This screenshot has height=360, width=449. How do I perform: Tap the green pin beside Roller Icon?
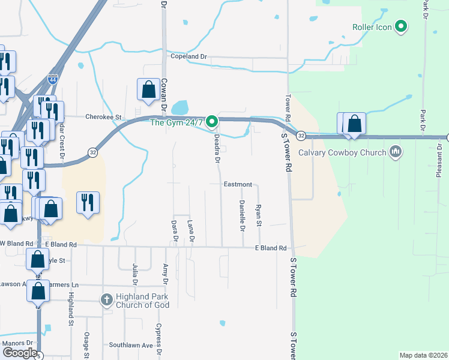pyautogui.click(x=401, y=27)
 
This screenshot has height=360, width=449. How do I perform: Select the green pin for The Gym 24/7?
pyautogui.click(x=211, y=122)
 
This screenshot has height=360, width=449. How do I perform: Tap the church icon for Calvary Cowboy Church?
pyautogui.click(x=395, y=152)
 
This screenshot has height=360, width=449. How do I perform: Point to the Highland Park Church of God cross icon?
pyautogui.click(x=106, y=300)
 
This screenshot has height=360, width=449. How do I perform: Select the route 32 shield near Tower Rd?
pyautogui.click(x=301, y=137)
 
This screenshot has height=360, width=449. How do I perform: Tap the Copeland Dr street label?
pyautogui.click(x=188, y=57)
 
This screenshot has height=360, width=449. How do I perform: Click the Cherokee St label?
pyautogui.click(x=103, y=117)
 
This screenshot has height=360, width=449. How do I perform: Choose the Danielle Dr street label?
pyautogui.click(x=242, y=216)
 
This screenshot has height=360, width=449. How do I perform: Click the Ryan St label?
pyautogui.click(x=259, y=215)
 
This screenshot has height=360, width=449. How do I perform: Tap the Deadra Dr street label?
pyautogui.click(x=217, y=149)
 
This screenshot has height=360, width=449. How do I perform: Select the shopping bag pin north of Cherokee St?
pyautogui.click(x=148, y=90)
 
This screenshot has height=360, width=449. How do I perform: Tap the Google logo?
pyautogui.click(x=19, y=353)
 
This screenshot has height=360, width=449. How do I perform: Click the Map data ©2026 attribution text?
pyautogui.click(x=423, y=355)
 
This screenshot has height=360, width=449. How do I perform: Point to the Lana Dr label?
pyautogui.click(x=191, y=230)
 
